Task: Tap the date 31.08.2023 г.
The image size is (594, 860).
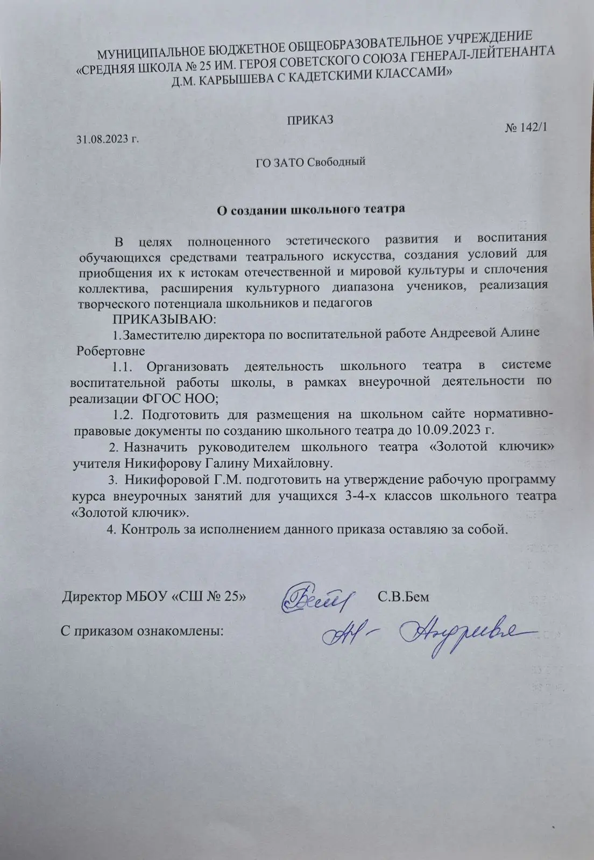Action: click(x=107, y=139)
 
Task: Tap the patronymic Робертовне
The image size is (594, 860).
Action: click(x=111, y=351)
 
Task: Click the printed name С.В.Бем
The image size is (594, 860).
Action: click(x=403, y=597)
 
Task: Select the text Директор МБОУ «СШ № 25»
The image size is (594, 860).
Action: click(x=155, y=597)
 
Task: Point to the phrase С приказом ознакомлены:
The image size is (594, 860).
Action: click(x=142, y=630)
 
